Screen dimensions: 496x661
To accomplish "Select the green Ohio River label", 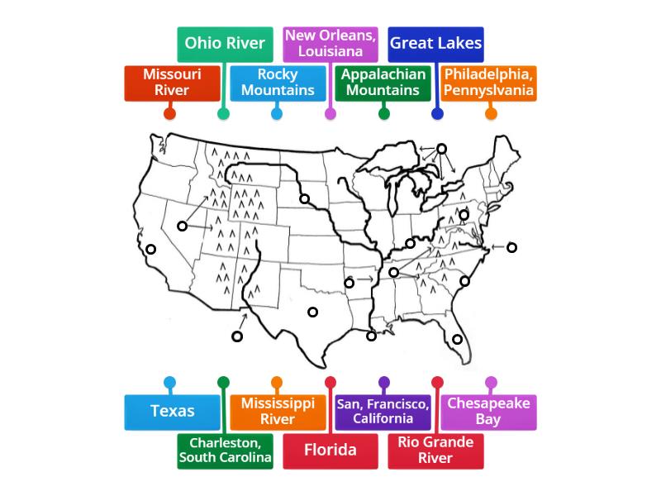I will click(x=225, y=43).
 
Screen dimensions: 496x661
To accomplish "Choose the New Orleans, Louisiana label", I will click(x=330, y=43).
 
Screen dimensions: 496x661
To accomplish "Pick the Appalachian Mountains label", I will click(x=383, y=83).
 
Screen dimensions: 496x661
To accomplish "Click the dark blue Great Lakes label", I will click(x=435, y=43).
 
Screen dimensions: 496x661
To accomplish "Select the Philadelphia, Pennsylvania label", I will click(x=489, y=83).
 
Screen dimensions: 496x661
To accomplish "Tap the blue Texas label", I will click(x=172, y=412).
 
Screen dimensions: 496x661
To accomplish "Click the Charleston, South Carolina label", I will click(x=225, y=451).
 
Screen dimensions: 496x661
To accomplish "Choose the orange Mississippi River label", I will click(x=278, y=412).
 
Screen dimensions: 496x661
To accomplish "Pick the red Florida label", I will click(x=330, y=451).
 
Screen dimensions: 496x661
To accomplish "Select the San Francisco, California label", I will click(x=383, y=412).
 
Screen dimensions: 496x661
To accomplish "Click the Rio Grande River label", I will click(x=435, y=451).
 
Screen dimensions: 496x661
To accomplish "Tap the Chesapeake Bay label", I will click(x=488, y=412).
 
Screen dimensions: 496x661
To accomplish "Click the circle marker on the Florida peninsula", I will click(x=457, y=339).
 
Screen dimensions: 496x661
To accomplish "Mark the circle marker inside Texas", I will click(x=312, y=312).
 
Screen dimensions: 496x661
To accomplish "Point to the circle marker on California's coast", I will click(x=150, y=249).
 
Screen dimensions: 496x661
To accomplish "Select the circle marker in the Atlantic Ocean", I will click(x=511, y=247).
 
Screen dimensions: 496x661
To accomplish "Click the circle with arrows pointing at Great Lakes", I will click(x=441, y=149).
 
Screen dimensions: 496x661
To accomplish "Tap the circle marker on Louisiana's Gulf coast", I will click(x=372, y=336).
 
